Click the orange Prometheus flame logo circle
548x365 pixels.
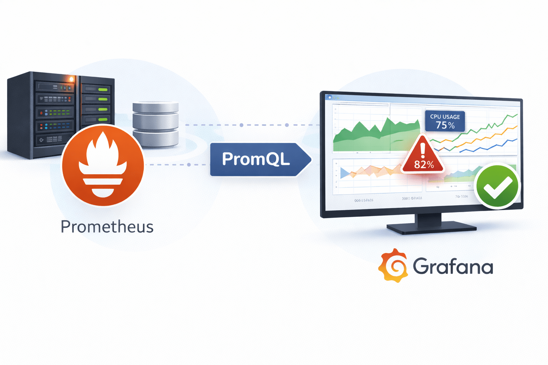[103, 165]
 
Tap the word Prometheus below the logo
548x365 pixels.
[107, 227]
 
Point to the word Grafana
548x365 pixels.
[453, 266]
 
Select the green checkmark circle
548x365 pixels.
[497, 186]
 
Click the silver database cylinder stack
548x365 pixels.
[156, 124]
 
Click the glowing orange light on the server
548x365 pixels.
[71, 79]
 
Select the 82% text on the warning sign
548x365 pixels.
[424, 165]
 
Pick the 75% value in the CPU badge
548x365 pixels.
[445, 125]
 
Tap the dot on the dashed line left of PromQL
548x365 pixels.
[189, 165]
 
